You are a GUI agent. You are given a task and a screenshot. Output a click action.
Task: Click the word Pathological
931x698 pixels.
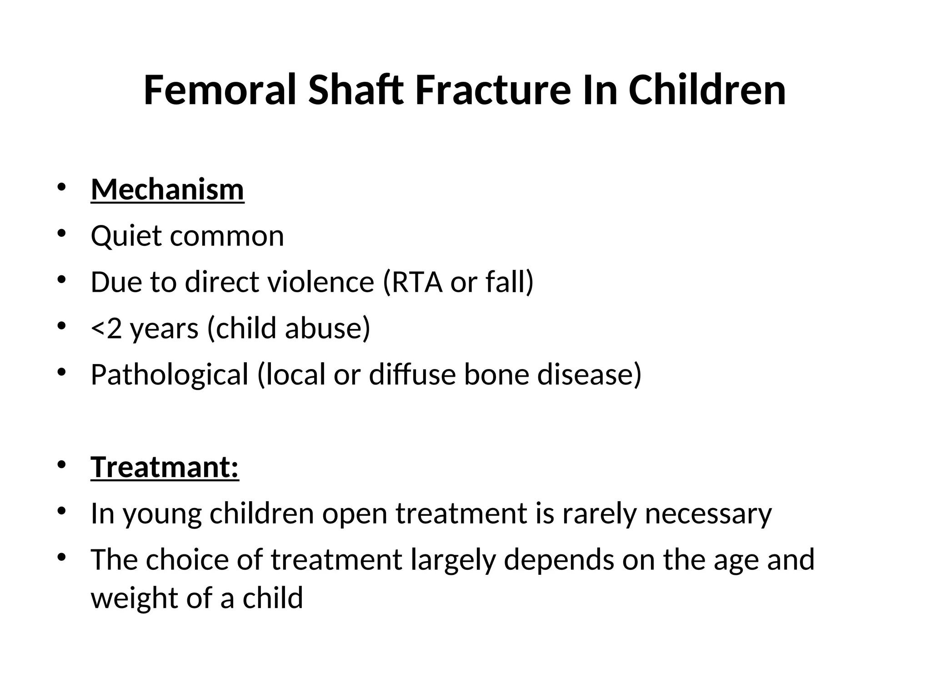(170, 375)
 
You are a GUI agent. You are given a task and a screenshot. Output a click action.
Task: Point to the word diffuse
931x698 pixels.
(412, 375)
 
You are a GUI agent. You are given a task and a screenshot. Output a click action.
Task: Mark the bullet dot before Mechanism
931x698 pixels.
(62, 187)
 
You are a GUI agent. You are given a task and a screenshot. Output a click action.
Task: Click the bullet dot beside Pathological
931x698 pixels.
(62, 373)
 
